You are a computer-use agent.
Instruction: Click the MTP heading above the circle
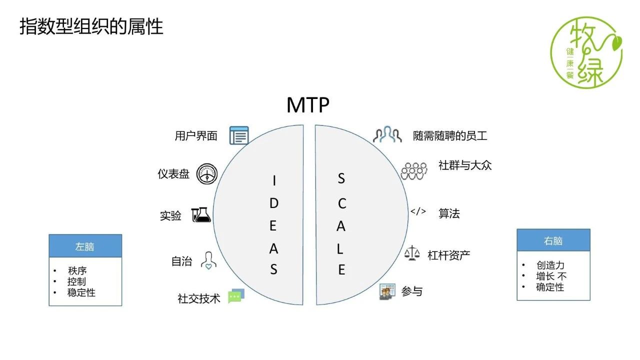(307, 105)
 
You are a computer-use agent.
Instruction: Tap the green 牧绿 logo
(586, 52)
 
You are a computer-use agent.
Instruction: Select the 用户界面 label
(196, 136)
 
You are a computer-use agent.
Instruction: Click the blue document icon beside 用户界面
(239, 135)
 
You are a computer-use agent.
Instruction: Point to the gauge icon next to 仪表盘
(207, 173)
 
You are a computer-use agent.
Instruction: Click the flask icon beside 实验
(201, 215)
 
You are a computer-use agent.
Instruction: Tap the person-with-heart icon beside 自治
(208, 260)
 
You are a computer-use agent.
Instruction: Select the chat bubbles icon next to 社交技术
(236, 296)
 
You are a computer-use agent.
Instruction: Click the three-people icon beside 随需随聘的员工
(387, 134)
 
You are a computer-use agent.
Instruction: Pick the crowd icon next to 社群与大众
(414, 171)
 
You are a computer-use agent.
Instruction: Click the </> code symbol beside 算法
(418, 211)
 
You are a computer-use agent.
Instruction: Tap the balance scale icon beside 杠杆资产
(412, 253)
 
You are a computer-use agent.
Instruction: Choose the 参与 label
(411, 291)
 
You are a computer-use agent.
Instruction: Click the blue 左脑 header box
(85, 246)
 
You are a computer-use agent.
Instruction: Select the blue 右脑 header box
(553, 240)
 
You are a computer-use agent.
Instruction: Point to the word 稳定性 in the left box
(81, 292)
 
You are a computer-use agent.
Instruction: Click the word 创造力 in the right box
(550, 265)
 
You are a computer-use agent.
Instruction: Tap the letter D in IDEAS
(273, 203)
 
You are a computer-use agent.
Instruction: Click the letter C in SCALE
(342, 203)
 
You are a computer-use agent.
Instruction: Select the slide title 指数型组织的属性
(91, 26)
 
